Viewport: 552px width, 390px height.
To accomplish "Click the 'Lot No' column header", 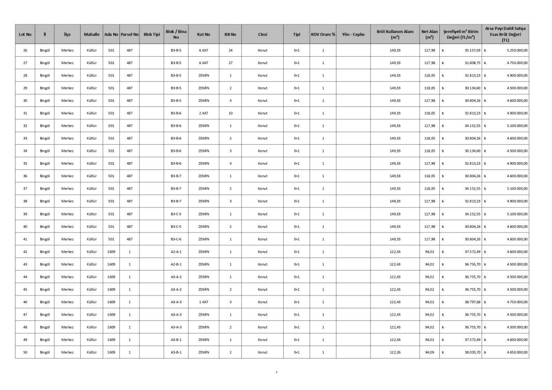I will click(25, 35).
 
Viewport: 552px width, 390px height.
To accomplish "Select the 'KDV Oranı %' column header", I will click(323, 35).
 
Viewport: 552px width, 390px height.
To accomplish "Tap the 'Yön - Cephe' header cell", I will click(353, 35).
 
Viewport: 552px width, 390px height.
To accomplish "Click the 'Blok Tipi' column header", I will click(151, 35).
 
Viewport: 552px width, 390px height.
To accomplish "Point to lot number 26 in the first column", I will click(25, 51).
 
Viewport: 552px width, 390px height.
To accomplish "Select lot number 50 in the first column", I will click(25, 352).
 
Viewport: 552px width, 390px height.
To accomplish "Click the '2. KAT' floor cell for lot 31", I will click(204, 113).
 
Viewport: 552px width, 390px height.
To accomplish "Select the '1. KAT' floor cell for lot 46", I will click(204, 302).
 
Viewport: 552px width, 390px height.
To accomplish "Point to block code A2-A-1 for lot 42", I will click(176, 252).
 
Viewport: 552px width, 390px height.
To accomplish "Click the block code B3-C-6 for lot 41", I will click(176, 239).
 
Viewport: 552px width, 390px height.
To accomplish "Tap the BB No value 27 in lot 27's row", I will click(231, 63).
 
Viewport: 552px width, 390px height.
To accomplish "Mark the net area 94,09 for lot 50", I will click(430, 352).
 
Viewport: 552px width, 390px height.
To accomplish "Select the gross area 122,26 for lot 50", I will click(395, 352).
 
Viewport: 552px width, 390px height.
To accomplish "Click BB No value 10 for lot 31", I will click(231, 113).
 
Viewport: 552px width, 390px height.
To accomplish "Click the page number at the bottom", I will click(277, 371).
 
